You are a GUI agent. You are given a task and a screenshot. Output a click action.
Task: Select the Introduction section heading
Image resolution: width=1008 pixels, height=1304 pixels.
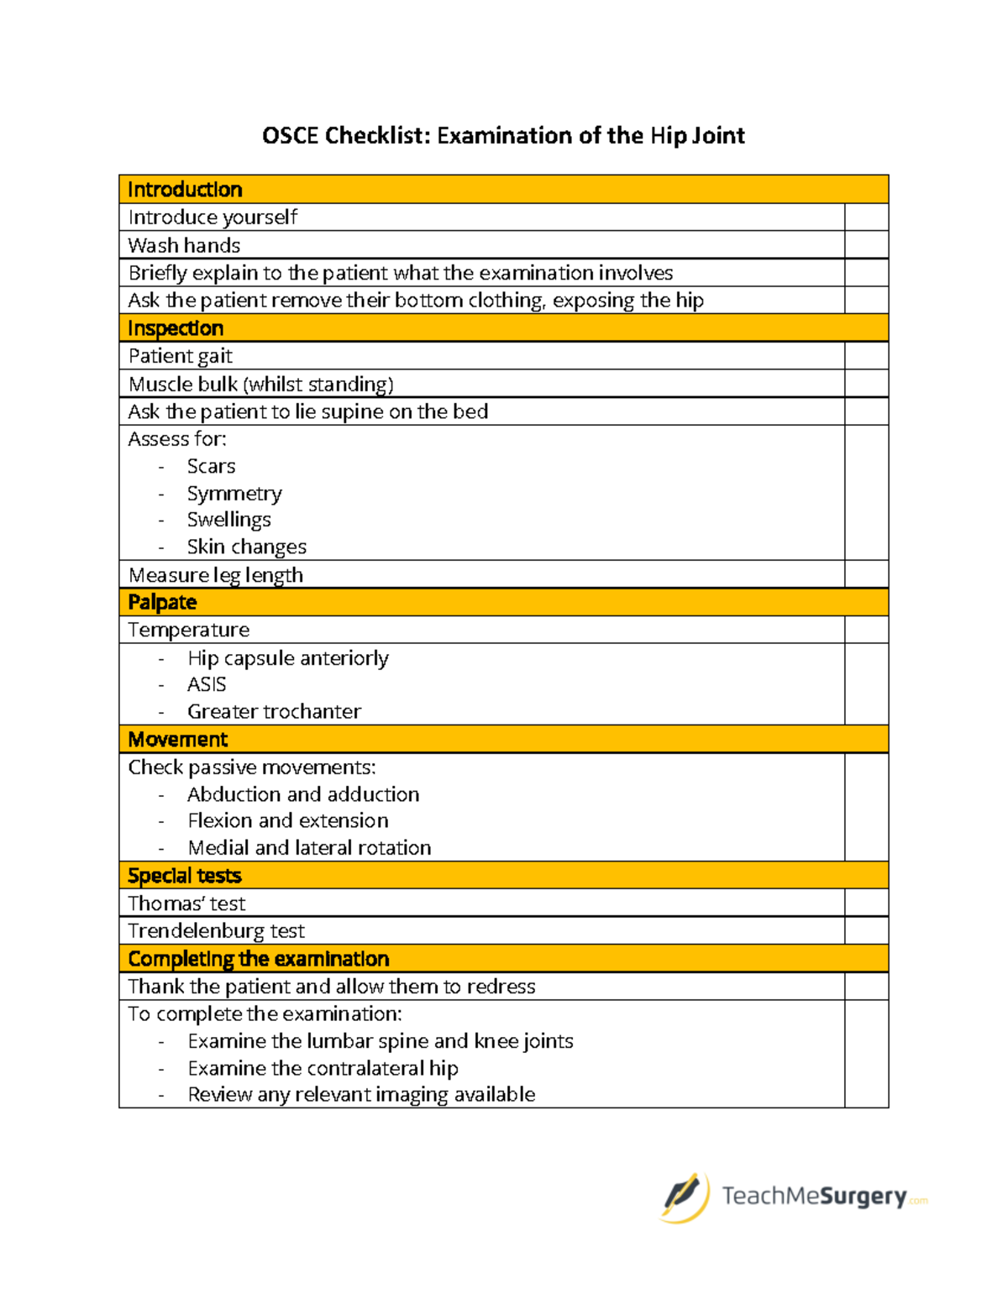click(x=185, y=190)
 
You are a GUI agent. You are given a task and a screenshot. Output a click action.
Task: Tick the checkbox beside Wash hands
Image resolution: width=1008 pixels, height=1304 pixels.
click(x=866, y=245)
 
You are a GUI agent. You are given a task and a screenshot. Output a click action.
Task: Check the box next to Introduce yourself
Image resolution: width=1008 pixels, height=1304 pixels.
click(x=866, y=217)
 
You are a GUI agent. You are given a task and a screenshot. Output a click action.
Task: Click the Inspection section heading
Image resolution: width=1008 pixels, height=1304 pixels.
click(x=176, y=328)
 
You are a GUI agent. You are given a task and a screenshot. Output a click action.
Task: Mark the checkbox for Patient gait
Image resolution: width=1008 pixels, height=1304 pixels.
click(x=866, y=356)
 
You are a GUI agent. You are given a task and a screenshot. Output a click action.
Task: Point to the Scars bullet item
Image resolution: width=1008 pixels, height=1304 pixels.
click(x=211, y=466)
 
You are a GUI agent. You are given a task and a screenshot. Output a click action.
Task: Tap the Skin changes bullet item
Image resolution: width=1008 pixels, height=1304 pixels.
click(x=246, y=547)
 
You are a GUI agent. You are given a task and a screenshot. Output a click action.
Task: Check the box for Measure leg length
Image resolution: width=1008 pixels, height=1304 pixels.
click(x=866, y=574)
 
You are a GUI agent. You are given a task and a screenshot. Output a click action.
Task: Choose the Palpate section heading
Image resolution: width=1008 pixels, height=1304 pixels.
click(x=162, y=602)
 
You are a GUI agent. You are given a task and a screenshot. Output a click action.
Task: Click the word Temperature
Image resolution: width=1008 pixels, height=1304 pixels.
click(x=189, y=630)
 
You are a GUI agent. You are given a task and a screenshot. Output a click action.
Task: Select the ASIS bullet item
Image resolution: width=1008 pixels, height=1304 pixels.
click(x=207, y=684)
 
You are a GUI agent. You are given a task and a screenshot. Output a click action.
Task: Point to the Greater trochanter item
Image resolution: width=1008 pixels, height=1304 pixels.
click(x=274, y=711)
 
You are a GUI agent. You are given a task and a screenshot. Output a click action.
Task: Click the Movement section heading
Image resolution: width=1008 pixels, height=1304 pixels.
click(x=178, y=740)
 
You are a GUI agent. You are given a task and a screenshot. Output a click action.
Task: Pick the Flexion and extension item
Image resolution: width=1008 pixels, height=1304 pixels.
click(x=288, y=820)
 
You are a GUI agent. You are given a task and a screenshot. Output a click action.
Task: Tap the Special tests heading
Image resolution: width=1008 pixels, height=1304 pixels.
click(x=185, y=876)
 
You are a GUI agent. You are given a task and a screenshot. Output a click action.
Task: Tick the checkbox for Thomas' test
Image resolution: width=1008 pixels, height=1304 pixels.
click(x=866, y=903)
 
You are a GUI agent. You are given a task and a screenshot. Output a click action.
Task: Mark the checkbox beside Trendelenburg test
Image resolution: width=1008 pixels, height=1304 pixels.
click(x=866, y=930)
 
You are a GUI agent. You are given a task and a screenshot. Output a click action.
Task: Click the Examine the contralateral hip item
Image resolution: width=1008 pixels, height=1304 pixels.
click(x=323, y=1068)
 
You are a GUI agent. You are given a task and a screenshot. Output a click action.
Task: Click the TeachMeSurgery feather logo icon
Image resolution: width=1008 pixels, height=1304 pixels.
click(x=684, y=1196)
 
